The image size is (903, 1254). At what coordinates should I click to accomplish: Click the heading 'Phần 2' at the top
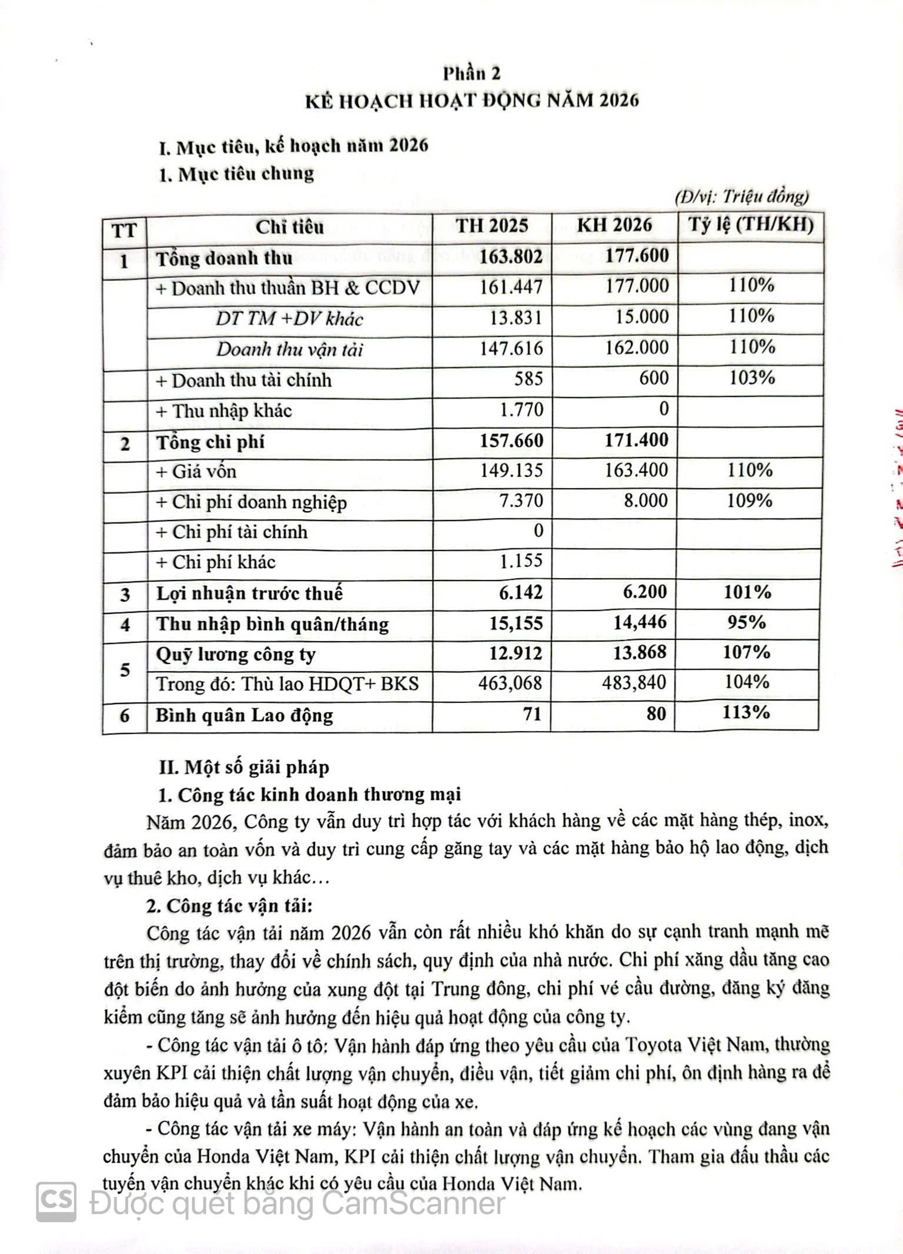click(x=471, y=73)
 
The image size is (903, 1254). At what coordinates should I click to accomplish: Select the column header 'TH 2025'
click(x=492, y=225)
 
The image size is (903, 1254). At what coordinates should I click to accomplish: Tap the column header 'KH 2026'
click(x=614, y=225)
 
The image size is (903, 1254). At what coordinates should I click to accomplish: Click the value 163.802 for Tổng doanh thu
click(x=511, y=256)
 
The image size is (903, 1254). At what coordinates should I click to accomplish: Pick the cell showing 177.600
click(x=637, y=255)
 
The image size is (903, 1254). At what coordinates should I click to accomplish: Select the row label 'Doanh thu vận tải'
click(x=289, y=349)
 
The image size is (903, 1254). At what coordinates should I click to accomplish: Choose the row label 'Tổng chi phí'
click(x=210, y=442)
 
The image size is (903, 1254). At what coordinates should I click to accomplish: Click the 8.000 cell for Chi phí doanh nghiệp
click(x=646, y=501)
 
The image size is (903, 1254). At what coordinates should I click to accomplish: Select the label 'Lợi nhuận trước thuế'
click(x=249, y=593)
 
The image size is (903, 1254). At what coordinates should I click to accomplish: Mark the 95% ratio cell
click(x=747, y=622)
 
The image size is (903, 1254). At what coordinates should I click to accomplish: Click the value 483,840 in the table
click(x=634, y=682)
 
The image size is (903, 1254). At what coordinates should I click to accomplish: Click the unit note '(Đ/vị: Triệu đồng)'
click(x=742, y=196)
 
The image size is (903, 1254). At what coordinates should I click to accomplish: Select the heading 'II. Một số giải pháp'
click(x=245, y=767)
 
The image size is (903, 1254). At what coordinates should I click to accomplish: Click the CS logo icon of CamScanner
click(x=57, y=1202)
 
